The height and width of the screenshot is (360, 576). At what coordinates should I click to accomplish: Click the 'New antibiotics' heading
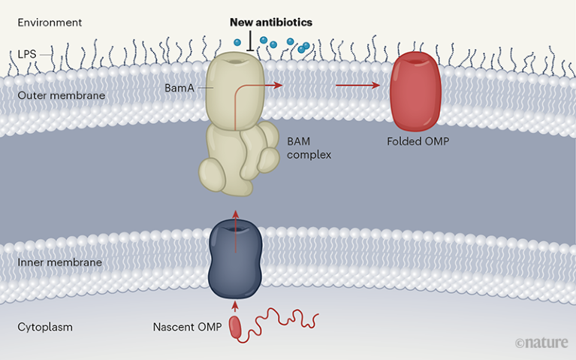[270, 23]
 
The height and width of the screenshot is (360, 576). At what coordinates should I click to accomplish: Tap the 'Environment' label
[49, 23]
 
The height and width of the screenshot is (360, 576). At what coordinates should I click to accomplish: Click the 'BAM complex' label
[309, 148]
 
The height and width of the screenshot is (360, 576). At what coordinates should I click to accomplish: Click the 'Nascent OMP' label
[185, 328]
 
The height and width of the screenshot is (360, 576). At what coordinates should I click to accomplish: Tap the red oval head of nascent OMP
[236, 327]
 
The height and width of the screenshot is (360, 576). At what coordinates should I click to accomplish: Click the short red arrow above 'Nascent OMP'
[236, 304]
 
